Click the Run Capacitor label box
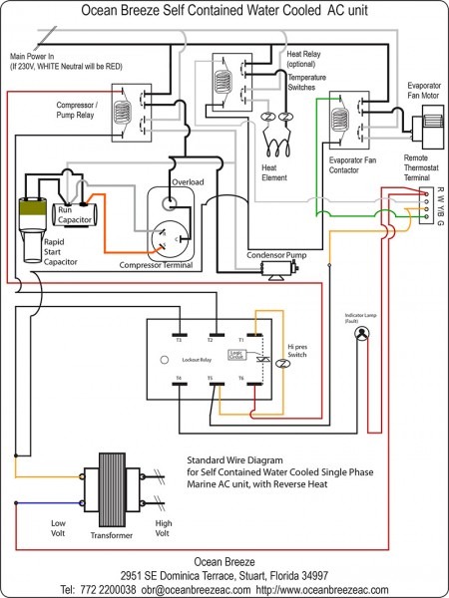pyautogui.click(x=76, y=214)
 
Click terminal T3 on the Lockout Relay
pyautogui.click(x=178, y=334)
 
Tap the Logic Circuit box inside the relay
pyautogui.click(x=235, y=354)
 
